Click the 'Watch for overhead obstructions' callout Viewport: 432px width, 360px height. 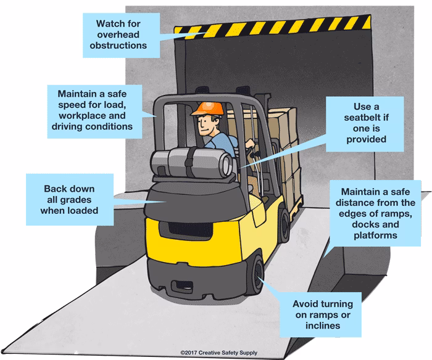tap(122, 35)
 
